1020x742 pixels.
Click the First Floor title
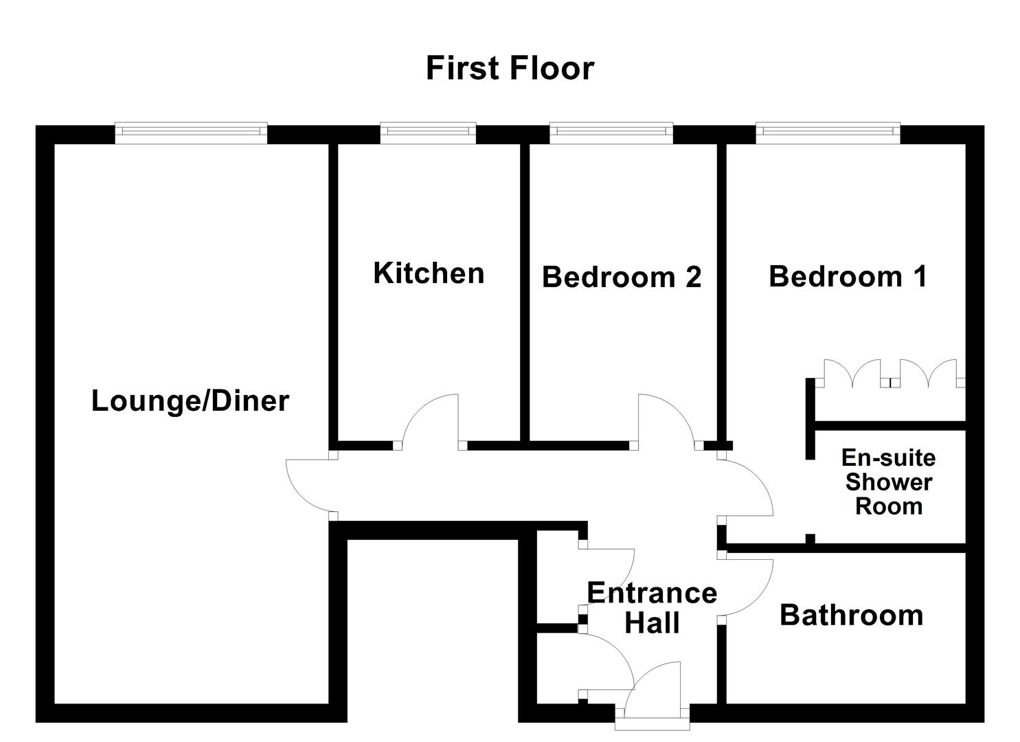[510, 68]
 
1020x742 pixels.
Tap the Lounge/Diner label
[190, 401]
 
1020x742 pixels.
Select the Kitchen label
[429, 273]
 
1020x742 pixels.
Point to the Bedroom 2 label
[621, 277]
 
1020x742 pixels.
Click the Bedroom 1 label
[848, 276]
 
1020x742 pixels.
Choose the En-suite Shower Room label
[888, 482]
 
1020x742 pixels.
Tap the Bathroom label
[851, 615]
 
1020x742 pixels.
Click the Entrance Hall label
[651, 607]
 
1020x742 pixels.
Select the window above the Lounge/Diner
[190, 133]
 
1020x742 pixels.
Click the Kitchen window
[428, 133]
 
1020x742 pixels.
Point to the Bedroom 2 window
[611, 133]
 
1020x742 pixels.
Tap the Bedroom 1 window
[828, 133]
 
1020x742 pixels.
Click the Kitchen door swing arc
[431, 419]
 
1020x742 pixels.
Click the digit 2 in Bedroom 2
[692, 277]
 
